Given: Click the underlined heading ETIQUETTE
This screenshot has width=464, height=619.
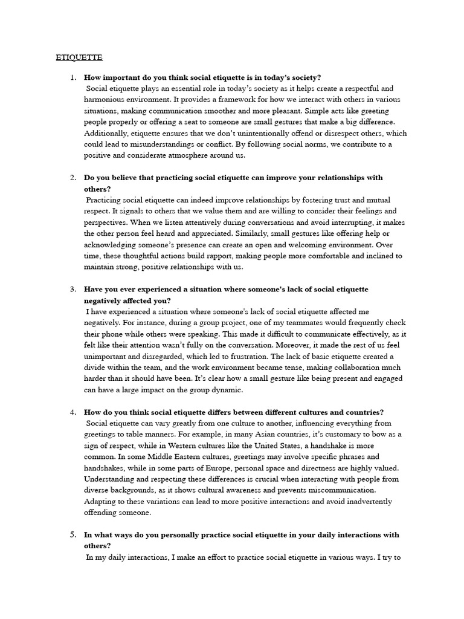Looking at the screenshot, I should click(79, 57).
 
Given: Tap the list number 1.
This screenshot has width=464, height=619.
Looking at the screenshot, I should click(72, 77).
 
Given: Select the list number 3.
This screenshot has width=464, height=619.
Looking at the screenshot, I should click(72, 290).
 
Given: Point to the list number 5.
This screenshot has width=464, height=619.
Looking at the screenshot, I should click(72, 535).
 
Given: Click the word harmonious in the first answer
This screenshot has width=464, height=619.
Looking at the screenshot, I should click(104, 100).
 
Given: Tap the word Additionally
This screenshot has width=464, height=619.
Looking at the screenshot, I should click(106, 133).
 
